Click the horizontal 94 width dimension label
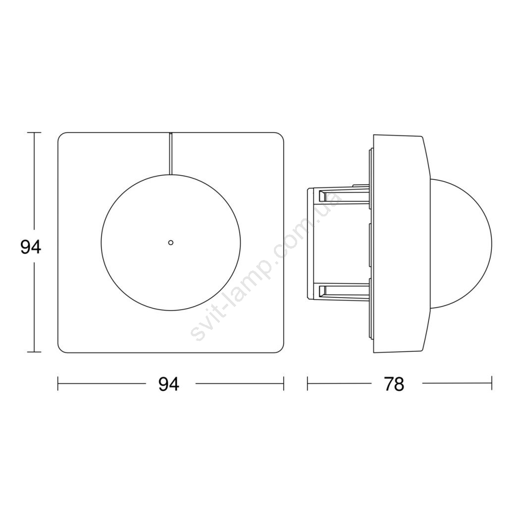(x=168, y=384)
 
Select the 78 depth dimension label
(x=394, y=384)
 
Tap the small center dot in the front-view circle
(x=171, y=242)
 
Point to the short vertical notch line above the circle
(x=171, y=154)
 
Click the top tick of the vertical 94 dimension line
(x=34, y=132)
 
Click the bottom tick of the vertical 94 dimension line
(x=34, y=352)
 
